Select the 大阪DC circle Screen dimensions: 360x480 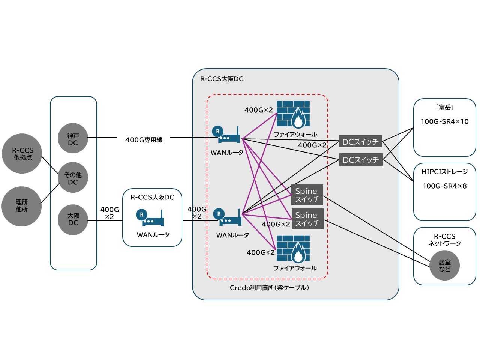[x=73, y=219]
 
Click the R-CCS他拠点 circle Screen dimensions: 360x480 [x=22, y=154]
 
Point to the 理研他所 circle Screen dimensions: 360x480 [x=22, y=206]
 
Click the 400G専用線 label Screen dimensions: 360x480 [x=144, y=140]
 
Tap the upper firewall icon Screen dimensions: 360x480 [x=293, y=114]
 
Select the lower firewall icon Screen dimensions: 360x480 [x=293, y=249]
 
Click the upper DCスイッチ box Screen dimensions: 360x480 [x=360, y=142]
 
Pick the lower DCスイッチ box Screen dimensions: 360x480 [x=360, y=160]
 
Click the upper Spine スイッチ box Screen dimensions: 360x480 [x=307, y=195]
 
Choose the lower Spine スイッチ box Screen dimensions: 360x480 [x=307, y=219]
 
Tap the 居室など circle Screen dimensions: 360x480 [x=444, y=265]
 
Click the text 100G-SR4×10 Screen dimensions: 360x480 [x=444, y=121]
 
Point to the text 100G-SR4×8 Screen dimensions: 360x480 [x=444, y=186]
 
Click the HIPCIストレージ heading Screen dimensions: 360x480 [x=444, y=172]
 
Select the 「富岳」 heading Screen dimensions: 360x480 [x=444, y=108]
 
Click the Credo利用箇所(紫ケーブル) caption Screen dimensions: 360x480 [x=269, y=288]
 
